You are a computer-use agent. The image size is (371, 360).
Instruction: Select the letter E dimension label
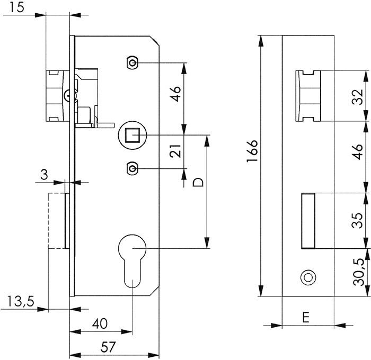pyautogui.click(x=306, y=332)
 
